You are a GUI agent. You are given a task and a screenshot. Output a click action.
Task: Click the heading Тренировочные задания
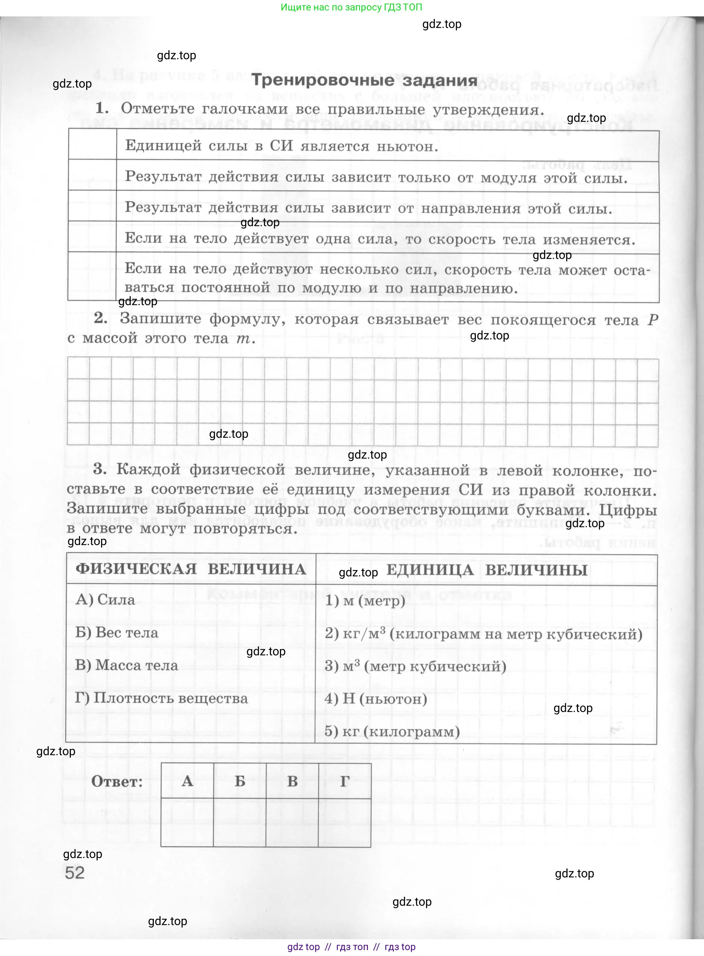tap(364, 80)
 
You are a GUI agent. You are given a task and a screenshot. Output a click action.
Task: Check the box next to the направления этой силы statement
tap(92, 206)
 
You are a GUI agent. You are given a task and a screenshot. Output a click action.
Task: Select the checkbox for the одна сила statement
tap(92, 237)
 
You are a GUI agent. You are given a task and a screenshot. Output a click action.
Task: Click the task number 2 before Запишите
tap(101, 318)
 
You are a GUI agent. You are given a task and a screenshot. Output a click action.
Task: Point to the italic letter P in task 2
tap(653, 320)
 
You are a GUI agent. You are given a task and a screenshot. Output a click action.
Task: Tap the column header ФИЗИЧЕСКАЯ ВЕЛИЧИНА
tap(191, 569)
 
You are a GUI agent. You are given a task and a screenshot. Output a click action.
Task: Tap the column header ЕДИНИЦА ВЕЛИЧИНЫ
tap(487, 570)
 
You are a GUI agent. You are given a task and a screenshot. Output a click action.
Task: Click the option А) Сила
tap(105, 600)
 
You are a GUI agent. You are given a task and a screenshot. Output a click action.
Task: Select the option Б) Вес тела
tap(117, 633)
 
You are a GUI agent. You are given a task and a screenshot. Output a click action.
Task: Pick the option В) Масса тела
tap(127, 665)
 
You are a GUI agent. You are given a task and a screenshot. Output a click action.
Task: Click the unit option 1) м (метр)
tap(365, 601)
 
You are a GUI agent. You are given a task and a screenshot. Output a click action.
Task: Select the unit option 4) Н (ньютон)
tap(376, 699)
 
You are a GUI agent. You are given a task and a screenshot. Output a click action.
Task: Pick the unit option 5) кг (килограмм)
tap(392, 731)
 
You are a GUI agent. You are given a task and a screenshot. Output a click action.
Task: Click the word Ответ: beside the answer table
tap(117, 781)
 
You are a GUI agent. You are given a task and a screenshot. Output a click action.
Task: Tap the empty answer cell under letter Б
tap(240, 822)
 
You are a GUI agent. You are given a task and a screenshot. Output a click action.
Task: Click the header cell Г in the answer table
tap(345, 781)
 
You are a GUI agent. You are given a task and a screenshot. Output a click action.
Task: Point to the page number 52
tap(75, 873)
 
